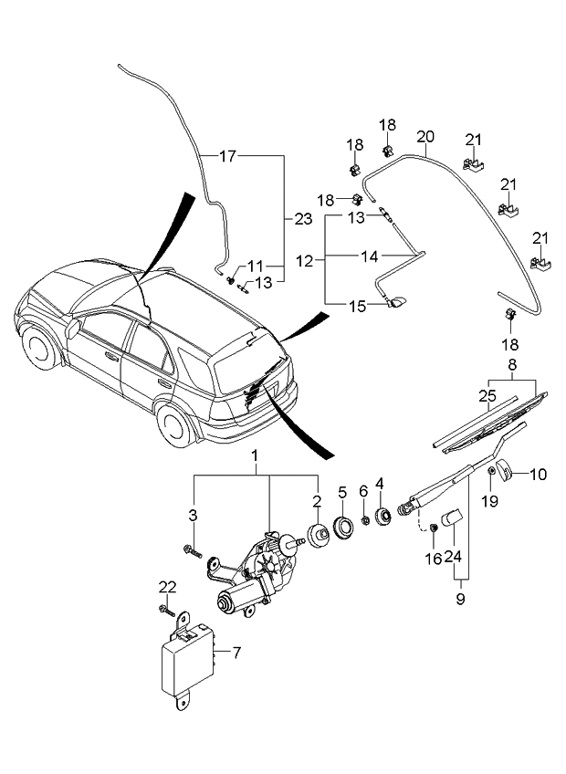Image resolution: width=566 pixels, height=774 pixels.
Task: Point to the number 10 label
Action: click(x=539, y=474)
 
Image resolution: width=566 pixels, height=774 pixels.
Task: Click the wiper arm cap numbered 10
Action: click(x=511, y=473)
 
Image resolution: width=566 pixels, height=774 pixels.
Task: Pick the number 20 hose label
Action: click(x=424, y=137)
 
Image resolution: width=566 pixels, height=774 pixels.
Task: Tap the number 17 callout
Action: click(x=227, y=156)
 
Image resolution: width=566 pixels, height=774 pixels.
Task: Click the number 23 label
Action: click(x=303, y=218)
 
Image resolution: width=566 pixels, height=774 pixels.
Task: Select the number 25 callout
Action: click(x=487, y=395)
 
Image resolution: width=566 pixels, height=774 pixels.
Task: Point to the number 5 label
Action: click(x=342, y=492)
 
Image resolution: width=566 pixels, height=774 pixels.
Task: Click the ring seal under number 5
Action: click(x=344, y=528)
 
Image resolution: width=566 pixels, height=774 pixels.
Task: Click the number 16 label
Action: click(x=433, y=558)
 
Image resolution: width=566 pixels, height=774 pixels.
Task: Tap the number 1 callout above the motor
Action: click(x=257, y=455)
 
